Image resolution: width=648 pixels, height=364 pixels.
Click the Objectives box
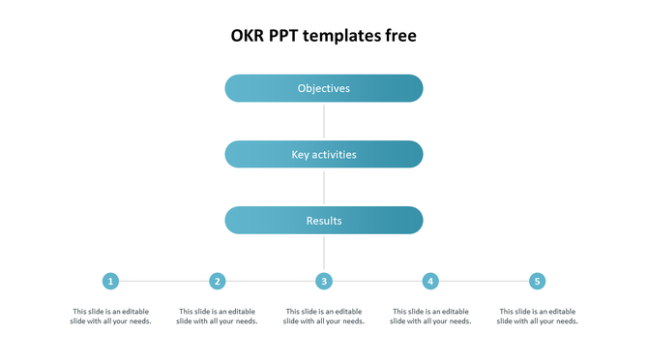pyautogui.click(x=324, y=88)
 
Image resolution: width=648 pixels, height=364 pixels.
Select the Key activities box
pyautogui.click(x=324, y=154)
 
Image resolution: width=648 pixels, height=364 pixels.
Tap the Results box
pyautogui.click(x=324, y=221)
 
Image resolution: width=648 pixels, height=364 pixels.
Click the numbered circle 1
pyautogui.click(x=111, y=281)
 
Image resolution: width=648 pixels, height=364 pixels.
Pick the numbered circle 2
pyautogui.click(x=218, y=281)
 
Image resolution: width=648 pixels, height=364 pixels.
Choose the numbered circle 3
pyautogui.click(x=324, y=281)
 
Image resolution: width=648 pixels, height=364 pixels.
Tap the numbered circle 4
pyautogui.click(x=430, y=281)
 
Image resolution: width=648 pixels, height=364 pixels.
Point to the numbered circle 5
pyautogui.click(x=537, y=281)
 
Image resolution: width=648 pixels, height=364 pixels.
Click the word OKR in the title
pyautogui.click(x=247, y=36)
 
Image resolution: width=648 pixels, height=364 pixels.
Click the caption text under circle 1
pyautogui.click(x=111, y=317)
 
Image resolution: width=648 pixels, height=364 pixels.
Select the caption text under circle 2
pyautogui.click(x=218, y=317)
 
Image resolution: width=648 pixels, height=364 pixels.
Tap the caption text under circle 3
pyautogui.click(x=324, y=317)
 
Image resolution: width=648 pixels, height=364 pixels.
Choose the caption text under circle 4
pyautogui.click(x=430, y=317)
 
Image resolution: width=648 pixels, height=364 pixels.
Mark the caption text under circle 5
pyautogui.click(x=537, y=317)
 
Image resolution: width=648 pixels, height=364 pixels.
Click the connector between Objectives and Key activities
pyautogui.click(x=324, y=121)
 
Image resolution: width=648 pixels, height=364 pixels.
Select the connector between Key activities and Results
pyautogui.click(x=324, y=187)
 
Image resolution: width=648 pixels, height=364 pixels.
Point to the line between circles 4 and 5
pyautogui.click(x=484, y=281)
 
